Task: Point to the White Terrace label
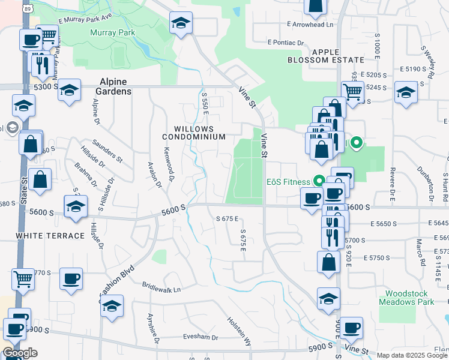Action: pyautogui.click(x=50, y=236)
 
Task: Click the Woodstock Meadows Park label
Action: pyautogui.click(x=406, y=298)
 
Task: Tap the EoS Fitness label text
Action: pyautogui.click(x=289, y=181)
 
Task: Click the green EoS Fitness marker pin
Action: pyautogui.click(x=318, y=180)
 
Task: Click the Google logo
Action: pyautogui.click(x=20, y=353)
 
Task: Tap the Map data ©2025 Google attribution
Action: pyautogui.click(x=412, y=355)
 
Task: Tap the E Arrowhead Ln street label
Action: pyautogui.click(x=310, y=25)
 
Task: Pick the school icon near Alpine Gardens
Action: pyautogui.click(x=70, y=91)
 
